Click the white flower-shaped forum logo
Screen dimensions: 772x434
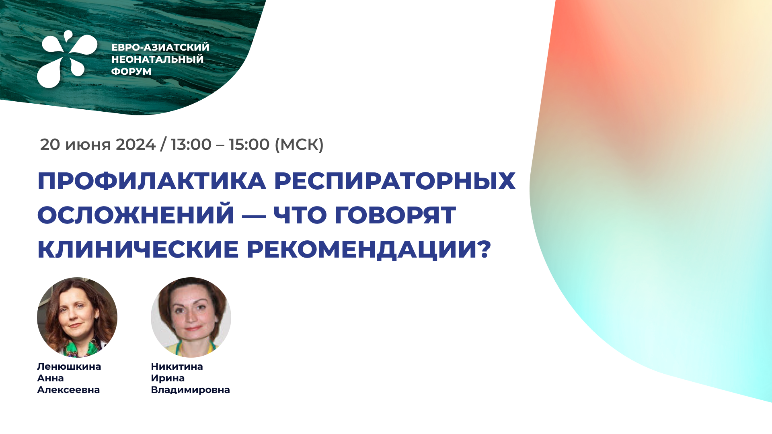tap(66, 59)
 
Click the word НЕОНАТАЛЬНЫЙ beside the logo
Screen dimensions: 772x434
tap(158, 59)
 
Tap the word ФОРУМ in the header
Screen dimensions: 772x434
tap(131, 72)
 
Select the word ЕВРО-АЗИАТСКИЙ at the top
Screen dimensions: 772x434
tap(160, 47)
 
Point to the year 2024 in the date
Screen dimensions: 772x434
tap(136, 145)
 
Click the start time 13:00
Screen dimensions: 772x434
tap(191, 145)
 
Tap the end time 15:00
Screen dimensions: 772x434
tap(249, 145)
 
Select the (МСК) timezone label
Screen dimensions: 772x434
tap(299, 145)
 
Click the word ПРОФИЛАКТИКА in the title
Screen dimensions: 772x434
tap(152, 181)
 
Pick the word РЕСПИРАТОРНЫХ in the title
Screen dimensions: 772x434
tap(395, 181)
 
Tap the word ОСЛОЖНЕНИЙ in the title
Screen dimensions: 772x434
tap(136, 215)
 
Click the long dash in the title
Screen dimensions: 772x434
tap(254, 216)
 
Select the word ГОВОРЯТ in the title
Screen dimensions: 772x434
tap(396, 215)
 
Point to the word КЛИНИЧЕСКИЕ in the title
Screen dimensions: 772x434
tap(138, 249)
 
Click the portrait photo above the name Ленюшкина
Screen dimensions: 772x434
tap(77, 317)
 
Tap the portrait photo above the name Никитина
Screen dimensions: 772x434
tap(191, 317)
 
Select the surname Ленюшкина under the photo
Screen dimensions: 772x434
tap(69, 366)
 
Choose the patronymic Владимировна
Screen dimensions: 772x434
tap(191, 390)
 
